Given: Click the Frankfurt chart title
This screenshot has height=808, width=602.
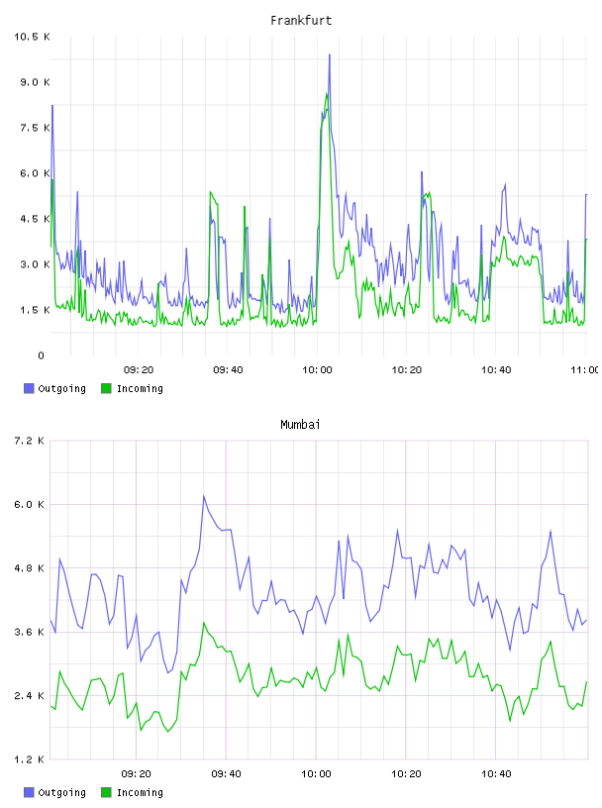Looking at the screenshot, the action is [x=301, y=21].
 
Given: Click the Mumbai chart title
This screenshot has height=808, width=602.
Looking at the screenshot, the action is [x=300, y=425].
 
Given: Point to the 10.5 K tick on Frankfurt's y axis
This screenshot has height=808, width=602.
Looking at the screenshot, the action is [x=32, y=37].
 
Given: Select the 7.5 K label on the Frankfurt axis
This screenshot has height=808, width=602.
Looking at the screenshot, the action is [x=35, y=128].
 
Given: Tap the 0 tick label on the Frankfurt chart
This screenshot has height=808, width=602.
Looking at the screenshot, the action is [x=42, y=355].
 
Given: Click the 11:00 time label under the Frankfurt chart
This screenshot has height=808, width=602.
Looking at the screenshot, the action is [x=585, y=370].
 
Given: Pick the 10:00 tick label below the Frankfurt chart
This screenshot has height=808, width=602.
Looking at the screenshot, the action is [x=317, y=370].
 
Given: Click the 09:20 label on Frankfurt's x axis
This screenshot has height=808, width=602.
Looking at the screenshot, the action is [x=139, y=370].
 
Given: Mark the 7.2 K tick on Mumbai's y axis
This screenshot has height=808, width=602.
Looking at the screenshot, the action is [x=29, y=441].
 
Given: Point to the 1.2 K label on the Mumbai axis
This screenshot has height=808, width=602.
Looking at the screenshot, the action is [x=29, y=759].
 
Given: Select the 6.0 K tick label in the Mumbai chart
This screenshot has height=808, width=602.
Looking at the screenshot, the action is [x=29, y=504].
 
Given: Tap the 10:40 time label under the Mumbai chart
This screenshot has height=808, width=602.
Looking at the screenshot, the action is [x=496, y=774].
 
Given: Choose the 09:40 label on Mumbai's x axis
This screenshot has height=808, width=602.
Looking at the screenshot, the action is [x=227, y=774].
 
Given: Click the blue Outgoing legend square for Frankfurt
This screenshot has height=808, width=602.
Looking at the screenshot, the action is [x=29, y=388].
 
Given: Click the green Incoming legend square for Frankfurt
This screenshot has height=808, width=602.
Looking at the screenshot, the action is [x=106, y=388].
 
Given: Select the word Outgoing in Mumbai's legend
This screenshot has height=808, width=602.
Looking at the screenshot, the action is [x=61, y=792].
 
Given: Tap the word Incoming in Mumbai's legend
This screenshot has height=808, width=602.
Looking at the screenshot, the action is [x=140, y=792].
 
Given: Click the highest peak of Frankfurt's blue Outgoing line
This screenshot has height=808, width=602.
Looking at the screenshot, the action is [x=330, y=54].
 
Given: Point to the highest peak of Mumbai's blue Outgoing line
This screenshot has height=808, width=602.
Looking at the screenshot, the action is [x=204, y=496].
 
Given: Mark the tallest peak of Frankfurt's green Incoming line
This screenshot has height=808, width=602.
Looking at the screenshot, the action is [x=327, y=93].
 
